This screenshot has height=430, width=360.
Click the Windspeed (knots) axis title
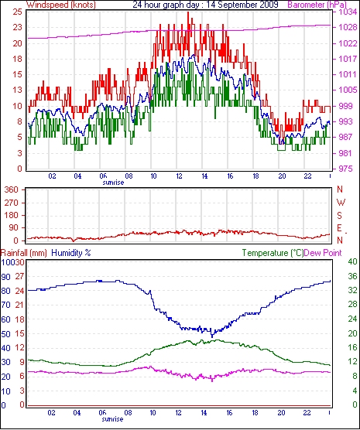click(x=61, y=5)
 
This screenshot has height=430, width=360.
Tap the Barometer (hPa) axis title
click(x=317, y=5)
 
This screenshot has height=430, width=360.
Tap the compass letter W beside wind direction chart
click(x=341, y=203)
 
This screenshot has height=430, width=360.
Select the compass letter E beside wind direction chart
click(x=339, y=228)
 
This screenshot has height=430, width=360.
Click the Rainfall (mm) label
click(x=24, y=253)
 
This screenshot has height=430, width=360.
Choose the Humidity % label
click(x=71, y=253)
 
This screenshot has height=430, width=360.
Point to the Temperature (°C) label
click(x=273, y=253)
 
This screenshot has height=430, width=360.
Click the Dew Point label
click(x=323, y=253)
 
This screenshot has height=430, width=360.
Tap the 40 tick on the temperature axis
click(x=352, y=261)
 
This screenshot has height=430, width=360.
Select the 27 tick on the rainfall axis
click(x=19, y=276)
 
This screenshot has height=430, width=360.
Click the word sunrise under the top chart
click(x=113, y=183)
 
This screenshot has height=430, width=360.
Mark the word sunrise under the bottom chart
click(x=112, y=419)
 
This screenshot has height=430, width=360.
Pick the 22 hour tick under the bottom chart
click(x=307, y=412)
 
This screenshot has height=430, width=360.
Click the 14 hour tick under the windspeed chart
click(x=204, y=176)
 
